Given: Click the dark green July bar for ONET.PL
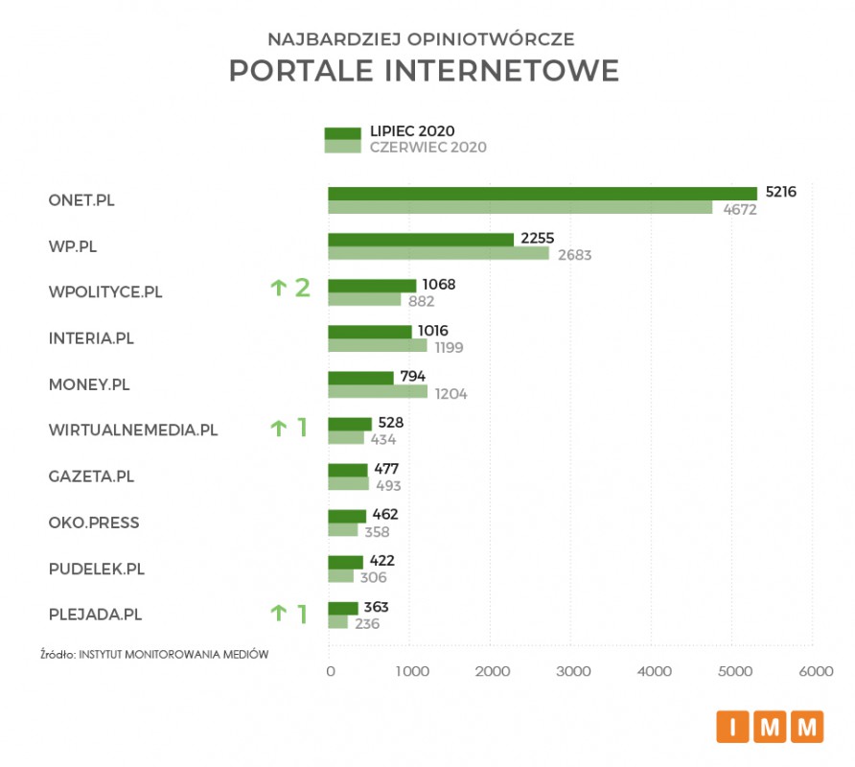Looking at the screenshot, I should [x=543, y=193].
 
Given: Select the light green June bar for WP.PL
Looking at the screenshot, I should [x=438, y=253].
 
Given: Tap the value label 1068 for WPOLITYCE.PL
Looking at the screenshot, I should [x=439, y=285].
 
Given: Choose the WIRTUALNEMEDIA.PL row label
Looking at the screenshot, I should [x=133, y=430].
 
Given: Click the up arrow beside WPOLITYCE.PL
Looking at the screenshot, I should [x=279, y=288].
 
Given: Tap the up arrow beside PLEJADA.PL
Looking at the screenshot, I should [x=279, y=614].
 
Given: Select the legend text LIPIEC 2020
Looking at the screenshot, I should [x=412, y=131].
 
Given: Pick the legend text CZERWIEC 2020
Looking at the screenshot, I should [x=427, y=148].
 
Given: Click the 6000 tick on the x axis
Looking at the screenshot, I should [x=815, y=672].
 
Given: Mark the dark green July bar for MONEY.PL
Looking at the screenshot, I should [x=360, y=378].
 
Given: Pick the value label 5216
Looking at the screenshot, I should [x=780, y=192].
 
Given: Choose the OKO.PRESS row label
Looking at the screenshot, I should [x=94, y=523].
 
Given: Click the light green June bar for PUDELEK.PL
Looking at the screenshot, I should [x=340, y=576].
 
